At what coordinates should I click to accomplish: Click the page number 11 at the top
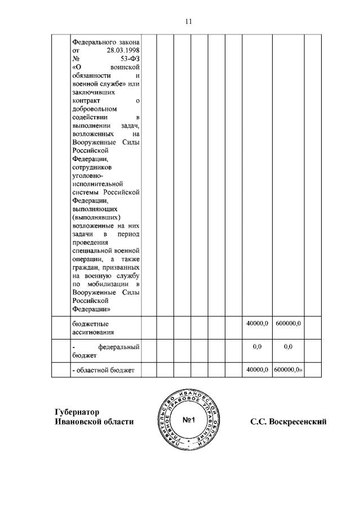pos(188,21)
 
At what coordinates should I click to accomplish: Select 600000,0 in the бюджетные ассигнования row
pos(288,323)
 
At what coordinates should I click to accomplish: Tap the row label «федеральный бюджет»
pos(106,351)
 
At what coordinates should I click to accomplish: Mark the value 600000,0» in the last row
pos(288,369)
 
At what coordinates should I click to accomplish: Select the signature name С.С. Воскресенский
pos(288,422)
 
